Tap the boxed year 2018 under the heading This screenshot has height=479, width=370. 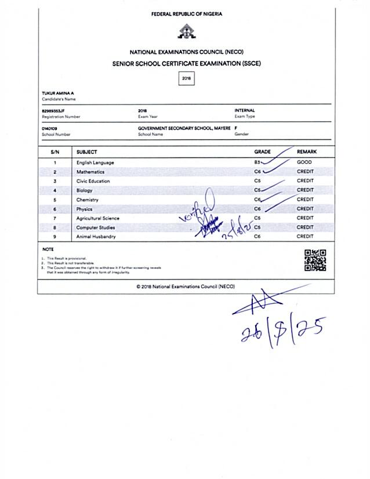point(186,78)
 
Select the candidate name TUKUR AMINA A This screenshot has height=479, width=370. point(59,93)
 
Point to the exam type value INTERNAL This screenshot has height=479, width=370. point(244,110)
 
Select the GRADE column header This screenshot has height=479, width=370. point(262,152)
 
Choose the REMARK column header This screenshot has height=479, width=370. point(307,152)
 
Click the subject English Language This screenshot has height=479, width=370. point(95,163)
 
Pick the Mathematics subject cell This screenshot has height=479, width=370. point(90,172)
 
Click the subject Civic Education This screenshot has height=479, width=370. point(93,181)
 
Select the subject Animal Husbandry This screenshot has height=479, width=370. point(96,237)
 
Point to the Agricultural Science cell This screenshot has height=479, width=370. point(97,218)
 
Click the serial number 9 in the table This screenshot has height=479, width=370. point(55,237)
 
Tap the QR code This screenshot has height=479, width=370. point(315,260)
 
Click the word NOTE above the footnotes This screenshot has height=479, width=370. point(48,250)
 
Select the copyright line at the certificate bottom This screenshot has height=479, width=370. point(186,287)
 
